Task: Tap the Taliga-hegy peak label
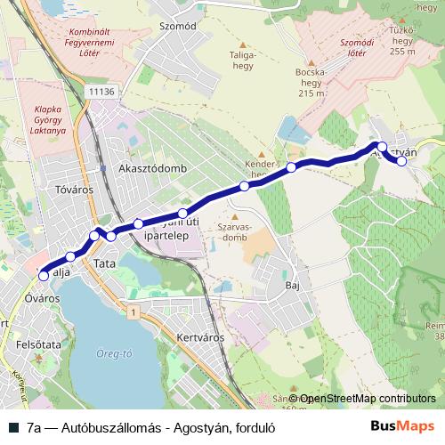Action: [243, 60]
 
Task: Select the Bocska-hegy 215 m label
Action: [311, 83]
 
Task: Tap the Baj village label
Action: [290, 286]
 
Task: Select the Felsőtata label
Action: [37, 343]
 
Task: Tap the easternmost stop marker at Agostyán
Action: [401, 161]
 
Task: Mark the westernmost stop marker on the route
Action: [44, 277]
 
